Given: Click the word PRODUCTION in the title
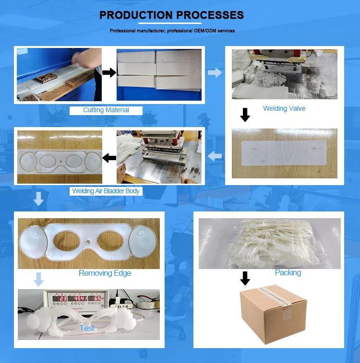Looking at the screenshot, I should coord(136,15).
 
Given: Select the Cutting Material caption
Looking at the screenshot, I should coord(106,110).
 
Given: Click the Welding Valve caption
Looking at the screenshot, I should coord(284,108).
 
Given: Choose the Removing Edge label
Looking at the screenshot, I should coord(105,273).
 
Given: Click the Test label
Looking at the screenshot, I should coord(87,328).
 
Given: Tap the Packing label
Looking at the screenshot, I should coord(288,272).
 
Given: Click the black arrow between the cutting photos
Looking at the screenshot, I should coord(109,72).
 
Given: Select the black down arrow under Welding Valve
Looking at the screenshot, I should coord(245,115).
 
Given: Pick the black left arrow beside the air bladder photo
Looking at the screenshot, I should coord(109,157).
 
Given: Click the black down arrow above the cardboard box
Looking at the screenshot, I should coord(245,278).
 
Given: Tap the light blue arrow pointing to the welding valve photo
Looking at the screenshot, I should coord(215,72).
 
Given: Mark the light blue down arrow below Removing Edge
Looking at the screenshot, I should coord(39,279).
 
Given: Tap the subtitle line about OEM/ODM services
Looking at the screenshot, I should coord(172,31).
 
